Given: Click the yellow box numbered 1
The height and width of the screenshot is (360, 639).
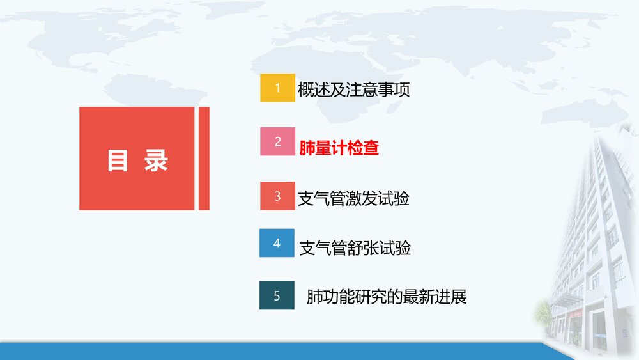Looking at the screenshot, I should pyautogui.click(x=277, y=88).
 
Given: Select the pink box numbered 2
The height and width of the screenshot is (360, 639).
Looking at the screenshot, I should pyautogui.click(x=277, y=142).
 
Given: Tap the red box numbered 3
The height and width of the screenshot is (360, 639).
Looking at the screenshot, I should pyautogui.click(x=277, y=196).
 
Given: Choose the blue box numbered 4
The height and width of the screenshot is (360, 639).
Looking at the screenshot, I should pyautogui.click(x=277, y=243).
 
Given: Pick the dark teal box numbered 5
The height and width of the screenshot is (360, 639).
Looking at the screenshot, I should pyautogui.click(x=277, y=295).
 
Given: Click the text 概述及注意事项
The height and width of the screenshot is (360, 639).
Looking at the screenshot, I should pyautogui.click(x=353, y=90).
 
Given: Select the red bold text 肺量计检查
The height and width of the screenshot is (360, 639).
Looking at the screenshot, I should pyautogui.click(x=339, y=148).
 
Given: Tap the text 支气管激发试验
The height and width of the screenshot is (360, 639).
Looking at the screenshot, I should pyautogui.click(x=353, y=198).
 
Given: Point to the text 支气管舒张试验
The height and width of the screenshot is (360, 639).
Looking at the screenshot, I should pyautogui.click(x=355, y=248).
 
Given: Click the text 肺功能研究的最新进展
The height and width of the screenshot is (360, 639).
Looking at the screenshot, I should pyautogui.click(x=387, y=297).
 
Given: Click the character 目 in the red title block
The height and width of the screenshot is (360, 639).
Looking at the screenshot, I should pyautogui.click(x=118, y=160).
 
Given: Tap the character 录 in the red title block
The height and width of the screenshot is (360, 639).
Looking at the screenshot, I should pyautogui.click(x=155, y=160).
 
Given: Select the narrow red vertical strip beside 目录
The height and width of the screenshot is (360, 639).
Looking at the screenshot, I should pyautogui.click(x=204, y=158).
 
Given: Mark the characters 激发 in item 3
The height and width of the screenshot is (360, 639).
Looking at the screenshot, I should pyautogui.click(x=362, y=198).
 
